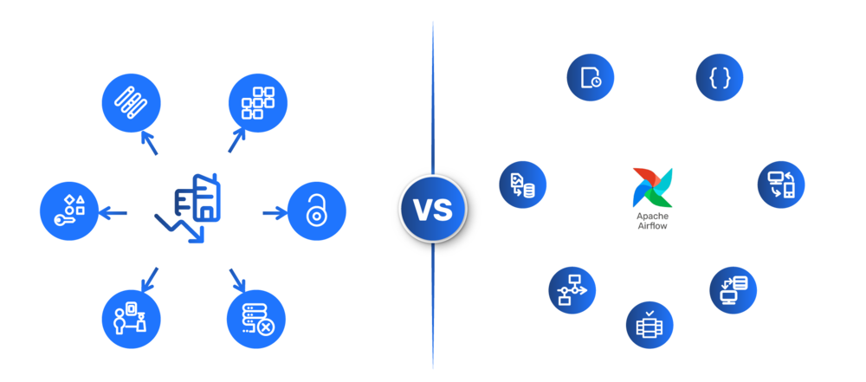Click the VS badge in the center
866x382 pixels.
431,209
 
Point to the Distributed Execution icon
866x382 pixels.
649,325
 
